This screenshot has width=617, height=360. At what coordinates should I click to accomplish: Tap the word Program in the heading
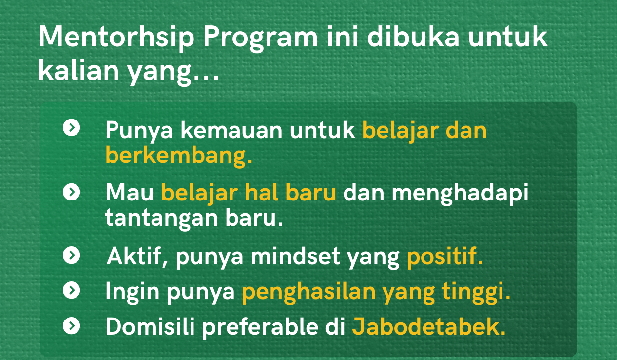(261, 39)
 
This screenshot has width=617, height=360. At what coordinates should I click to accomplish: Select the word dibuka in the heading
(413, 37)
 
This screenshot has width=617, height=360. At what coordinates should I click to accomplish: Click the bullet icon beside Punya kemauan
(72, 127)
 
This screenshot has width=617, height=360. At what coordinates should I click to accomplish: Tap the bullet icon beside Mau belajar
(72, 192)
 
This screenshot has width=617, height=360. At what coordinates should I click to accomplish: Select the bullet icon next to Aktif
(72, 255)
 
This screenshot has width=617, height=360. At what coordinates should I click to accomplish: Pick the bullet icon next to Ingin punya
(72, 290)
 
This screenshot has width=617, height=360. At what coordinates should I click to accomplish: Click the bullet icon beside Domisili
(72, 325)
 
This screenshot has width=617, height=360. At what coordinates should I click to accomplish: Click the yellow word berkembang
(179, 156)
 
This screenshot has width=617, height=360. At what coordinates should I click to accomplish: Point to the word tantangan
(161, 218)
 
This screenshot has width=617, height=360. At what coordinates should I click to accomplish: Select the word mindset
(295, 256)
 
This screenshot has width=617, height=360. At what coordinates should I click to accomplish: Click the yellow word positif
(445, 257)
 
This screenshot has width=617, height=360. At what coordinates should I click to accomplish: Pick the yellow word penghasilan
(309, 293)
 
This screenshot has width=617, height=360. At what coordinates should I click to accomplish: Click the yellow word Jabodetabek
(429, 326)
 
